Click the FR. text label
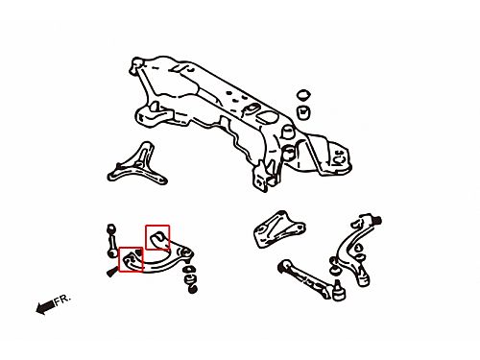61,300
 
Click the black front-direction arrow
45,307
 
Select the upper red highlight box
157,237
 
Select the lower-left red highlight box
131,259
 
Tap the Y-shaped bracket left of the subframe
138,166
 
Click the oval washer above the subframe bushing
303,95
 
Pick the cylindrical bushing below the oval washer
303,112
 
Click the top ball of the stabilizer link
111,228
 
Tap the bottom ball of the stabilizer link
111,253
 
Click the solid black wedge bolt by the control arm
111,272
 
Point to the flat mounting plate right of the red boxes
279,229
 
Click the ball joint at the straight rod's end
339,292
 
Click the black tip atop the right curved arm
377,221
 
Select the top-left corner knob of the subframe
135,63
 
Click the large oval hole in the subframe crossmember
268,117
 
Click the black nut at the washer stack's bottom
192,289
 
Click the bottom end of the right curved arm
364,281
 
